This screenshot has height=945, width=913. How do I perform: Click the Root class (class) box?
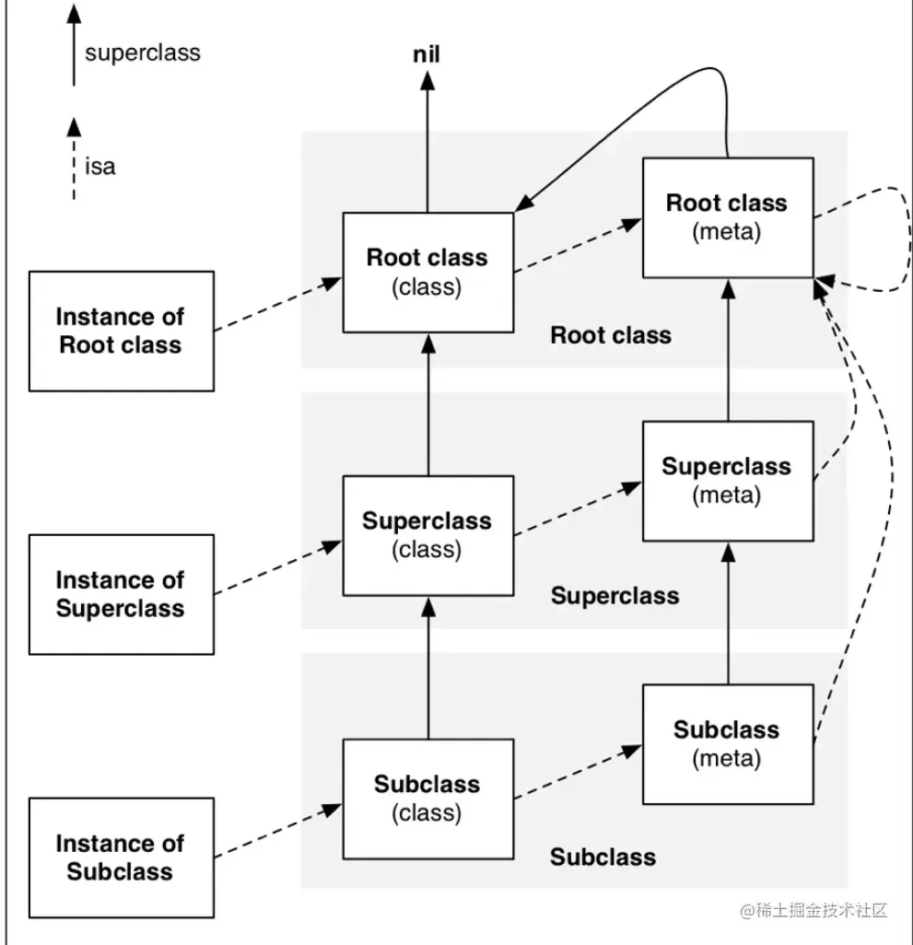point(427,272)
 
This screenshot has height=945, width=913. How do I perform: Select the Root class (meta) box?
point(727,217)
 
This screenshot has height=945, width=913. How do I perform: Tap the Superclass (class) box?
point(427,535)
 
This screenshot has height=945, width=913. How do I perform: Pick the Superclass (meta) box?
point(727,481)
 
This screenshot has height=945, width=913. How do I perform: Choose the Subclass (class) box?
point(427,799)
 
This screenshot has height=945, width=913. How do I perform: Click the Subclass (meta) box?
point(727,744)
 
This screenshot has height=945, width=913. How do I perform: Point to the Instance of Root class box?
point(121,331)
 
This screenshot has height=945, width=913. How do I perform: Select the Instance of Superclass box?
point(121,594)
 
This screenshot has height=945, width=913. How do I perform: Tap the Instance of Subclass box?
point(121,857)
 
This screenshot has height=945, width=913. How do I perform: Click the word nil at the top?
point(426,55)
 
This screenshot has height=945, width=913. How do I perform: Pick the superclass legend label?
point(143,52)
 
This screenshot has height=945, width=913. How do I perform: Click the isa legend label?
point(100,168)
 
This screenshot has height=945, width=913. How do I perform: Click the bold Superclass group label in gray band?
point(615,596)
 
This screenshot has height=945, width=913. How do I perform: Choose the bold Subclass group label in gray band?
point(603,857)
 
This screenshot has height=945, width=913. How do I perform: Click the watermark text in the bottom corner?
point(813,911)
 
